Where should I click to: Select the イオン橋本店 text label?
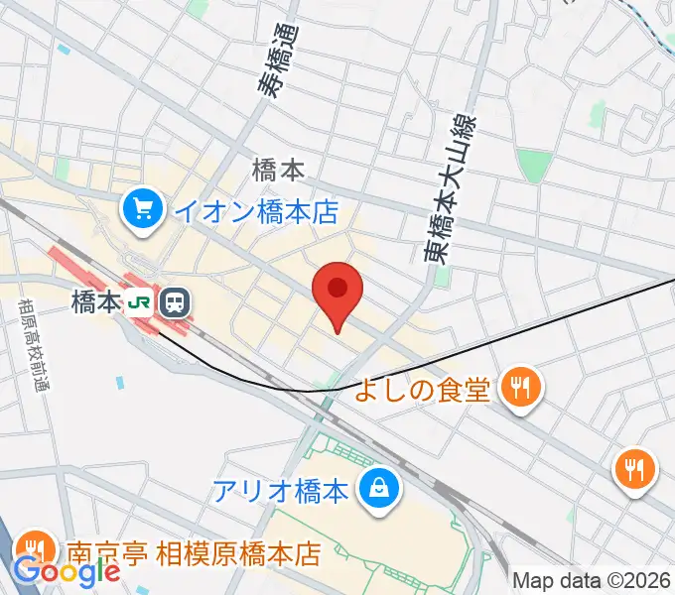pyautogui.click(x=256, y=211)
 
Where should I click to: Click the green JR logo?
pyautogui.click(x=140, y=300)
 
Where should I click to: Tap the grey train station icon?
pyautogui.click(x=177, y=300)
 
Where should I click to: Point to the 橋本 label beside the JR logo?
pyautogui.click(x=95, y=300)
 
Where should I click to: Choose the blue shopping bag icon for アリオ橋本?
pyautogui.click(x=378, y=489)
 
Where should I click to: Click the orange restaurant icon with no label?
pyautogui.click(x=636, y=466)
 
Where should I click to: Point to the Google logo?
pyautogui.click(x=67, y=572)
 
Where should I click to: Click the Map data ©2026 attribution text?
pyautogui.click(x=592, y=581)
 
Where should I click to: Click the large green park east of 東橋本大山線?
pyautogui.click(x=533, y=166)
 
